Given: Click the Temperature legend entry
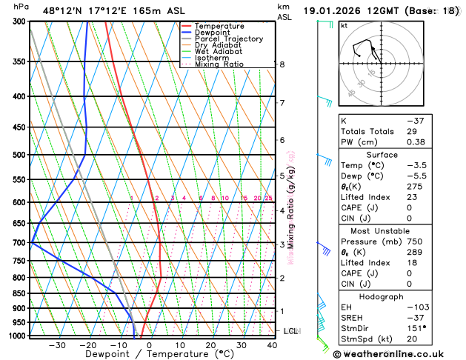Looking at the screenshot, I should pyautogui.click(x=221, y=26).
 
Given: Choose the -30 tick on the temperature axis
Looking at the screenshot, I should pyautogui.click(x=56, y=345).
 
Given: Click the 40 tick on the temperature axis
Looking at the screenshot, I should pyautogui.click(x=273, y=345).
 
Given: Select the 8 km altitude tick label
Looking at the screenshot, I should pyautogui.click(x=282, y=64).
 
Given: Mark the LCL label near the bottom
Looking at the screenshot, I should pyautogui.click(x=290, y=331).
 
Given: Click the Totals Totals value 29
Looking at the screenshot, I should pyautogui.click(x=431, y=131).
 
